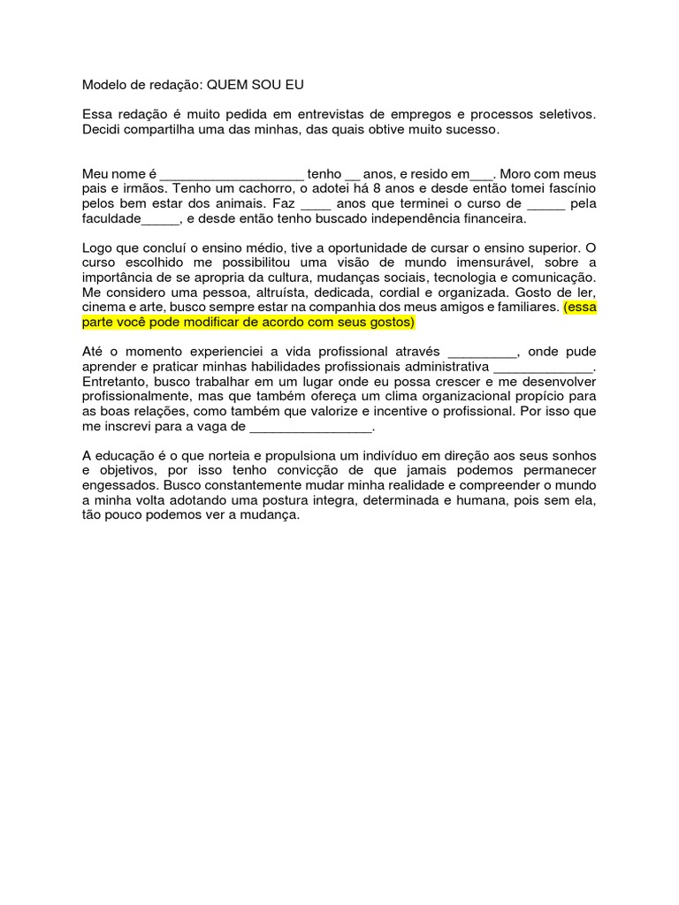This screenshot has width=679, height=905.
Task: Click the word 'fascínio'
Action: tap(571, 189)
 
